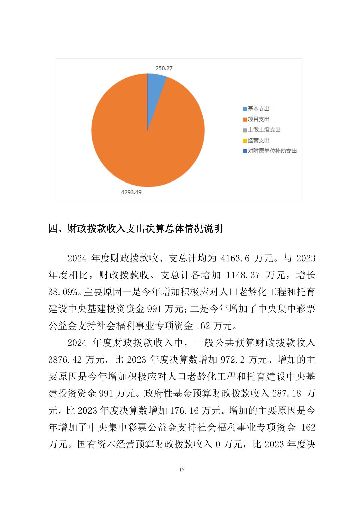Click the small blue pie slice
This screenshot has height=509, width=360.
155,84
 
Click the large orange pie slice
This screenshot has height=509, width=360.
144,141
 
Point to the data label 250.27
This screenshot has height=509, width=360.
164,68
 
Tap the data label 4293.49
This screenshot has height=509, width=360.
133,192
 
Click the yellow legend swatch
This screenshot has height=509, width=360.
245,141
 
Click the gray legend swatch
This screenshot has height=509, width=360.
245,130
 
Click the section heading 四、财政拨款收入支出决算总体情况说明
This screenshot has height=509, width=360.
135,229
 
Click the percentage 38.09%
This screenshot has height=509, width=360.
63,292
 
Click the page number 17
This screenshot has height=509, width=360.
182,470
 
